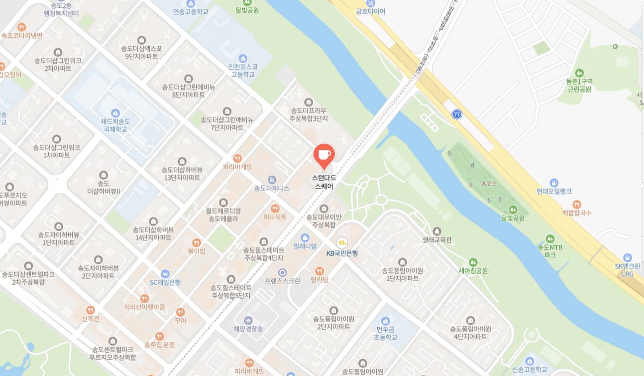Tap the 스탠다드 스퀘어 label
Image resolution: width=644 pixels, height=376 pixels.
323,182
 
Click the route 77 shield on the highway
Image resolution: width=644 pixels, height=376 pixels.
457,114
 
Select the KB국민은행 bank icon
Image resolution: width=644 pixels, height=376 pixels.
341,243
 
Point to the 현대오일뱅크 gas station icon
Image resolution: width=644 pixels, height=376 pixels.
554,183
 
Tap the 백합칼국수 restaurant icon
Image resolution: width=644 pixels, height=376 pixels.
576,204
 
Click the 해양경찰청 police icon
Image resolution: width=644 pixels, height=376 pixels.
248,320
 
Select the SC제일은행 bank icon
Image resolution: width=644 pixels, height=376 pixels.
165,274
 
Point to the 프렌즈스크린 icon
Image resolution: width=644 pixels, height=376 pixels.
282,272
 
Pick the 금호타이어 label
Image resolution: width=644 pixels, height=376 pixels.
371,11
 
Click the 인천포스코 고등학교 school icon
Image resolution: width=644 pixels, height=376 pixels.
243,58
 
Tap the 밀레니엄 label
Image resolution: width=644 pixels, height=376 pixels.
305,246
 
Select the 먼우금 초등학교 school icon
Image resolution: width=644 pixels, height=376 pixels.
384,321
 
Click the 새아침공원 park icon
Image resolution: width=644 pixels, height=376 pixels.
473,262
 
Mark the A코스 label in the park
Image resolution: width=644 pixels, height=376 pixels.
489,184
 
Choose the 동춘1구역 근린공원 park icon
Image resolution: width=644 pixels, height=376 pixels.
578,73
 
